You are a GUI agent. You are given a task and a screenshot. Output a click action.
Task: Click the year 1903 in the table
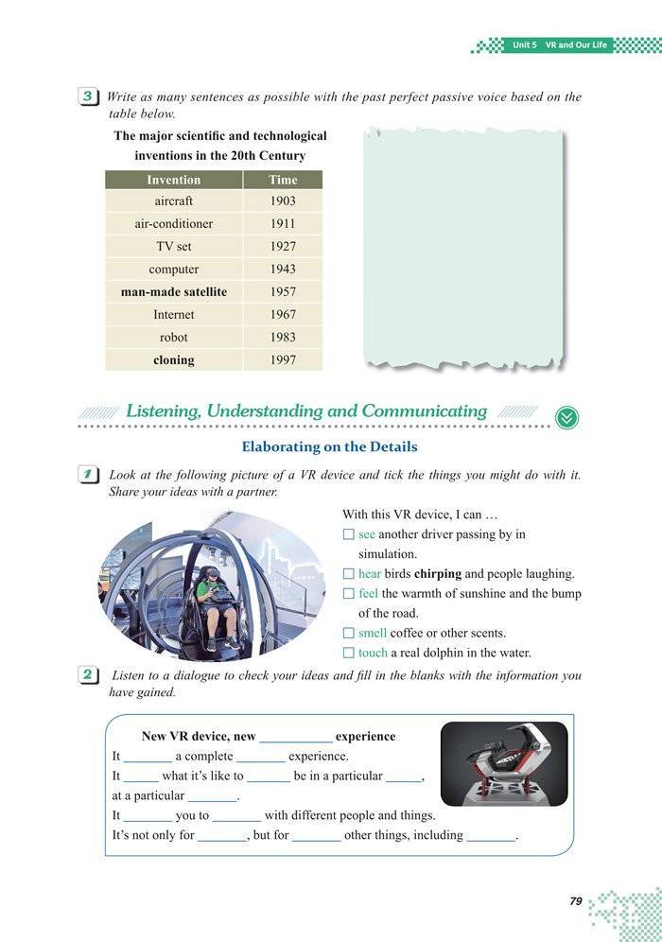(282, 201)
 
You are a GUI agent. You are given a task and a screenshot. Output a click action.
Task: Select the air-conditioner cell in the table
(173, 224)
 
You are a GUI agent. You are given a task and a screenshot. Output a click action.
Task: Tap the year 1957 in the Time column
(282, 292)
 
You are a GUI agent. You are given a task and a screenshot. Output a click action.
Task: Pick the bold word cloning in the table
(173, 360)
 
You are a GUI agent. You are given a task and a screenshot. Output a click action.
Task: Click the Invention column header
(173, 180)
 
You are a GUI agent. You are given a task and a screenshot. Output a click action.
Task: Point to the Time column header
(282, 180)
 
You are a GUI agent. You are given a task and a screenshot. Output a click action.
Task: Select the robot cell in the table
(173, 338)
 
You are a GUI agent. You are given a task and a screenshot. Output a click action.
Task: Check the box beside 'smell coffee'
(348, 634)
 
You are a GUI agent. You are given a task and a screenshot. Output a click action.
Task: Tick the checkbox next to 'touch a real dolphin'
(348, 654)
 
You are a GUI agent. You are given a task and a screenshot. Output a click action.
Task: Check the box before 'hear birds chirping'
(348, 574)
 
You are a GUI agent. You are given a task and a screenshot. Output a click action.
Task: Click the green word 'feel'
(368, 594)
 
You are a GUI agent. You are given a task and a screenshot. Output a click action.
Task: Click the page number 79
(575, 901)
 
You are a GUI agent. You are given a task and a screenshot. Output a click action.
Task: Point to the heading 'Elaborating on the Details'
(329, 446)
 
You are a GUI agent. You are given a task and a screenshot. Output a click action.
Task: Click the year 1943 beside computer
(282, 270)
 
